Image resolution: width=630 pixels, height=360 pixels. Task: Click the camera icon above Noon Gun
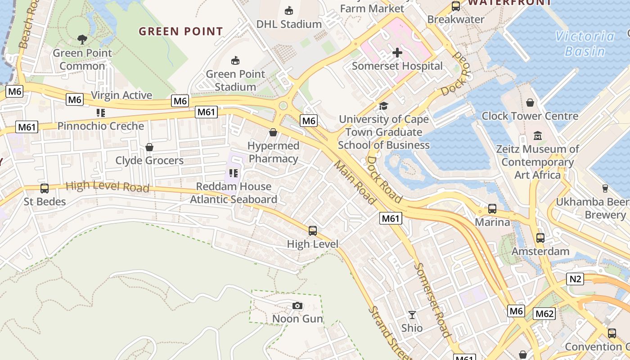[297, 306]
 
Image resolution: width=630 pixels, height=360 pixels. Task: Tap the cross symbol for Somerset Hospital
[397, 53]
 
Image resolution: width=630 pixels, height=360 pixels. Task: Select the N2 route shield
[576, 279]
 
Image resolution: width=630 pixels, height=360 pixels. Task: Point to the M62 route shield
[544, 314]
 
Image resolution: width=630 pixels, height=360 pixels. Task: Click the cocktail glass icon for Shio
[412, 315]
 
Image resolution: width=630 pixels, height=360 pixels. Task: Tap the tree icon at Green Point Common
[82, 40]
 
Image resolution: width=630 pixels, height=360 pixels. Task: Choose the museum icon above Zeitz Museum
[537, 135]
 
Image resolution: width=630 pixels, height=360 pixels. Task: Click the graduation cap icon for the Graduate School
[383, 106]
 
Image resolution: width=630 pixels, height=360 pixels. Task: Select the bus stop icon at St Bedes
[45, 189]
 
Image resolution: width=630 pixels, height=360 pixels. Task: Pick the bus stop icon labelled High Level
[313, 231]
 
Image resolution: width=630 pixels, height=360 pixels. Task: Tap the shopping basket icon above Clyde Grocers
[149, 147]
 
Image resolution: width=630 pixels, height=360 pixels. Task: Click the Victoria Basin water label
[585, 44]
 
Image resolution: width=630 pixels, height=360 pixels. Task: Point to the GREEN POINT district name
[180, 31]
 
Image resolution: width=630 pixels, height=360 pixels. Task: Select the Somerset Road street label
[432, 300]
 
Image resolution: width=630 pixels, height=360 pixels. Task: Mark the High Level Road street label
[108, 186]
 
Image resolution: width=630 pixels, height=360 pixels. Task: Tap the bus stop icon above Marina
[492, 209]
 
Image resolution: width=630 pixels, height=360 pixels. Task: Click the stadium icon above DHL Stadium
[289, 10]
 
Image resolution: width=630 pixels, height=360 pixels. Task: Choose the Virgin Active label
[121, 95]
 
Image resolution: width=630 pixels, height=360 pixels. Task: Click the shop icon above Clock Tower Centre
[530, 103]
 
